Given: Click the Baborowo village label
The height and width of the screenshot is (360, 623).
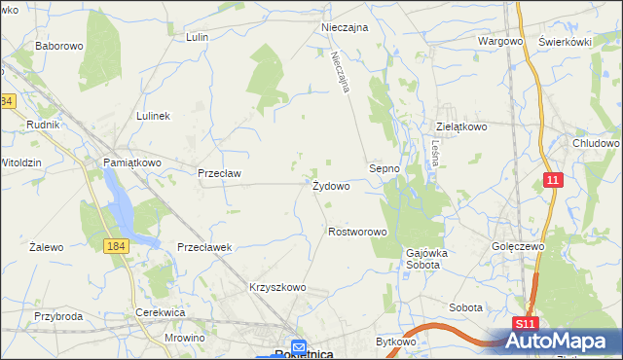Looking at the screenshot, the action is click(x=59, y=46).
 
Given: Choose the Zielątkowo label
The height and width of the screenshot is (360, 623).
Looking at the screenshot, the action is click(x=460, y=126).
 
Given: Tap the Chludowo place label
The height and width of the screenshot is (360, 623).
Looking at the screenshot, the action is click(x=596, y=143).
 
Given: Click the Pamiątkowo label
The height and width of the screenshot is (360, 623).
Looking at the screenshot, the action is click(x=132, y=162).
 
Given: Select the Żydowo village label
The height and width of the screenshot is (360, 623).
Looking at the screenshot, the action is click(x=331, y=185).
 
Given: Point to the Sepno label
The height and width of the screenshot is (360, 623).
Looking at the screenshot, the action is click(x=385, y=168).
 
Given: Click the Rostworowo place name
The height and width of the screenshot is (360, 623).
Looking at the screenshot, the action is click(x=358, y=233).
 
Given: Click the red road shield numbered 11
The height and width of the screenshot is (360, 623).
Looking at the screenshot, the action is click(x=553, y=180).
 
